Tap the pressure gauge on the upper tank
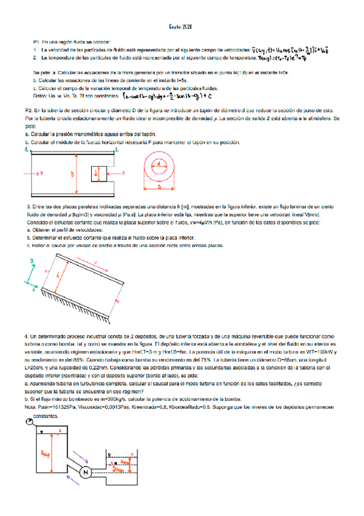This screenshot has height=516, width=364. pos(30,405)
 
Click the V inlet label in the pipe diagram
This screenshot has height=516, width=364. pos(41,173)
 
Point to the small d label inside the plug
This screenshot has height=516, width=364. pos(96,175)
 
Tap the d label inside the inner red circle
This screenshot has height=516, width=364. pos(159,164)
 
